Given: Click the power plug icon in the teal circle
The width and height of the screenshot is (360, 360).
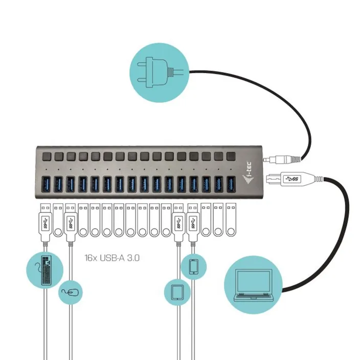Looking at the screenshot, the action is (x=160, y=73).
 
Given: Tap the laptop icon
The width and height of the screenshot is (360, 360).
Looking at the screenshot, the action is (x=253, y=285).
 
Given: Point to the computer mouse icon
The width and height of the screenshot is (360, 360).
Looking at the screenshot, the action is (x=70, y=292).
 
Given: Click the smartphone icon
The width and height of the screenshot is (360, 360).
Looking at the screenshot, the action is (x=193, y=266).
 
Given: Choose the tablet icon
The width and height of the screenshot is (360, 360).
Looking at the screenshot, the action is (x=177, y=292).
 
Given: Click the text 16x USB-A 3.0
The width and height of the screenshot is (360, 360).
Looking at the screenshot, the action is (x=112, y=258).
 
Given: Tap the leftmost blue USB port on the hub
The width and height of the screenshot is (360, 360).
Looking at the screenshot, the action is (x=46, y=184).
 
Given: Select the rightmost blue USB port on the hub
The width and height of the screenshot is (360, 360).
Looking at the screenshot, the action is (x=231, y=184).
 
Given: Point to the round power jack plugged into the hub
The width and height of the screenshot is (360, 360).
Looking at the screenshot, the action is (x=282, y=159).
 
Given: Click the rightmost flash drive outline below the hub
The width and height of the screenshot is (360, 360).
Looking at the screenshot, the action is (x=231, y=220).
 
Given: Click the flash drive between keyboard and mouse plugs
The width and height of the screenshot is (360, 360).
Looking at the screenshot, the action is (x=58, y=220).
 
